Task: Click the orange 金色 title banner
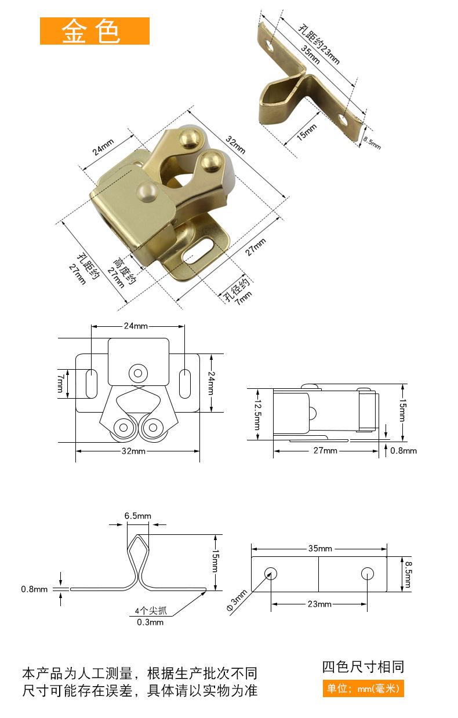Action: coord(94,31)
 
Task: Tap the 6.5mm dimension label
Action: coord(137,516)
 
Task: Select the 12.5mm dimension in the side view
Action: coord(258,414)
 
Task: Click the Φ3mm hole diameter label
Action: coord(237,600)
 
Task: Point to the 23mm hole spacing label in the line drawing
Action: coord(319,604)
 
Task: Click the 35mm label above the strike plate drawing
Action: coord(320,548)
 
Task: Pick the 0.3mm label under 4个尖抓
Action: coord(150,622)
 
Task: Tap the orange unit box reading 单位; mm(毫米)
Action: coord(363,688)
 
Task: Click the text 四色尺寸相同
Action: coord(363,667)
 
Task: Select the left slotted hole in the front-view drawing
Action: coord(92,384)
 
